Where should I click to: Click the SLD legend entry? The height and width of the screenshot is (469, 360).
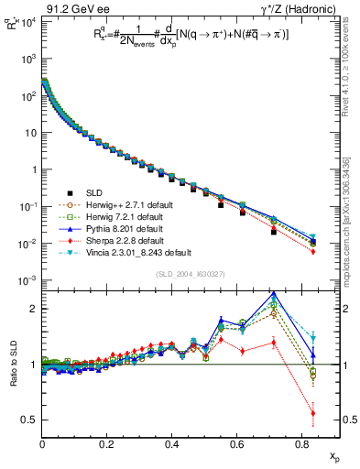coord(93,191)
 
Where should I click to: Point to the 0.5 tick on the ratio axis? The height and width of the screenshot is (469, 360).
coord(30,420)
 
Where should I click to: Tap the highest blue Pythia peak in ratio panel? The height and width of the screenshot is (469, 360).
coord(274,294)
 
